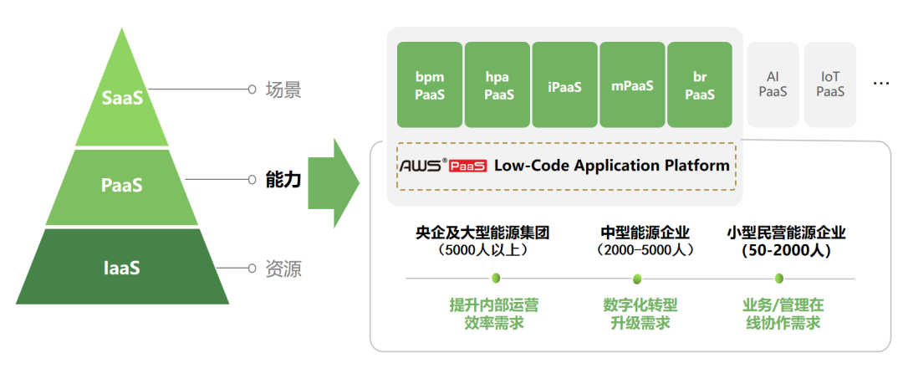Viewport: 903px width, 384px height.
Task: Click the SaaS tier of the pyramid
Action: (122, 98)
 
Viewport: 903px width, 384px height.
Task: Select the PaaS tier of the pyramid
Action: (122, 185)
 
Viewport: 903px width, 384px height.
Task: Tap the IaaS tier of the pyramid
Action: (122, 269)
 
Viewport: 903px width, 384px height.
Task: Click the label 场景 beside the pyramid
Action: (283, 90)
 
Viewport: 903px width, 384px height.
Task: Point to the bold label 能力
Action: (283, 179)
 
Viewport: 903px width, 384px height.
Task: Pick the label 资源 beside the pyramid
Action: (283, 269)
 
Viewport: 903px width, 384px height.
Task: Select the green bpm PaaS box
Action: (430, 84)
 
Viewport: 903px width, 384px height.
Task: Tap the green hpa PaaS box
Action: (498, 84)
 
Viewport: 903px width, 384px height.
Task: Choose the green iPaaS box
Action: (565, 84)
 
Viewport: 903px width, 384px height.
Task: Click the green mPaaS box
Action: (632, 84)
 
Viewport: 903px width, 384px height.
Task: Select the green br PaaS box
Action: (700, 84)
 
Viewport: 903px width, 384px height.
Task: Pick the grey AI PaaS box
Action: (773, 84)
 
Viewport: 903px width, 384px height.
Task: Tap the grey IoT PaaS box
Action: (830, 84)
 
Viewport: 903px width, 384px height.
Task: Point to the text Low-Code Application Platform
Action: (612, 165)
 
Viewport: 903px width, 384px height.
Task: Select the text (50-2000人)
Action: (787, 250)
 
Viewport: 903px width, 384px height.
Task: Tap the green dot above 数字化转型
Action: (637, 279)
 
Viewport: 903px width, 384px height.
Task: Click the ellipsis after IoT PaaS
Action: (880, 84)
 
